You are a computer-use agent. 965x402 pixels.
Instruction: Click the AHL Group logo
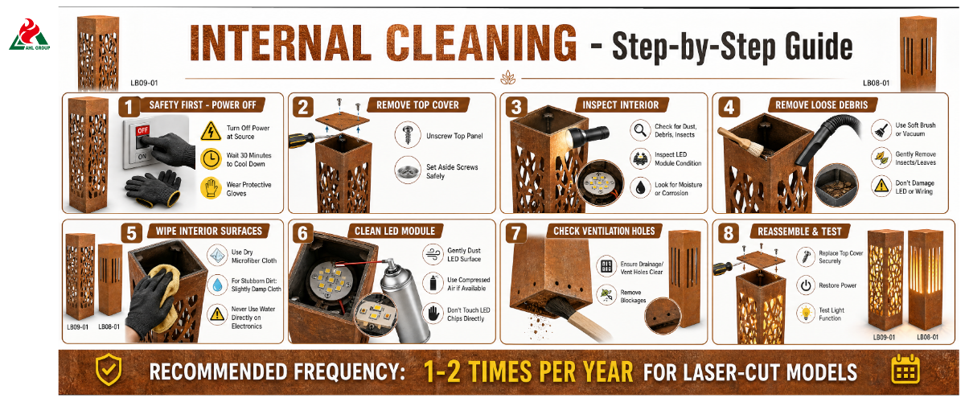point(29,35)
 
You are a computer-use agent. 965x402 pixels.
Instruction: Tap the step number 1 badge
point(129,107)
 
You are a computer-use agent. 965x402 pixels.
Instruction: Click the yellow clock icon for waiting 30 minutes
point(211,159)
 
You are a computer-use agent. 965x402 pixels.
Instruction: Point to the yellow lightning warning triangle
point(211,131)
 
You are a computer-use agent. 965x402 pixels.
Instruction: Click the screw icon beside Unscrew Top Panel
point(407,134)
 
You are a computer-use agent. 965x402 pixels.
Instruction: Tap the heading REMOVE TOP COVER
point(417,105)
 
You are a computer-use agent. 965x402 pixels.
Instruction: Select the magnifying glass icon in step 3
point(640,129)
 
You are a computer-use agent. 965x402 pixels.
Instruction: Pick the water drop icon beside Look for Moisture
point(640,188)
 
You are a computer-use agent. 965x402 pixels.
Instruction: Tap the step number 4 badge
point(729,107)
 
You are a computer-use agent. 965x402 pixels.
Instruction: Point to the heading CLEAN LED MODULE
point(395,231)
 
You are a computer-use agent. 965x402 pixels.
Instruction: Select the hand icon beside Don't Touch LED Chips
point(433,314)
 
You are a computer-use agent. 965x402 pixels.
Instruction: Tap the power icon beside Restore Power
point(806,285)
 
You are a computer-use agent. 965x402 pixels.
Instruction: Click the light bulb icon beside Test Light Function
point(806,314)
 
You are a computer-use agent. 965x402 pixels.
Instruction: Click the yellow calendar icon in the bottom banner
point(905,370)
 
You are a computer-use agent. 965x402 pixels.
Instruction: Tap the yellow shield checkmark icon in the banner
point(108,369)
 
